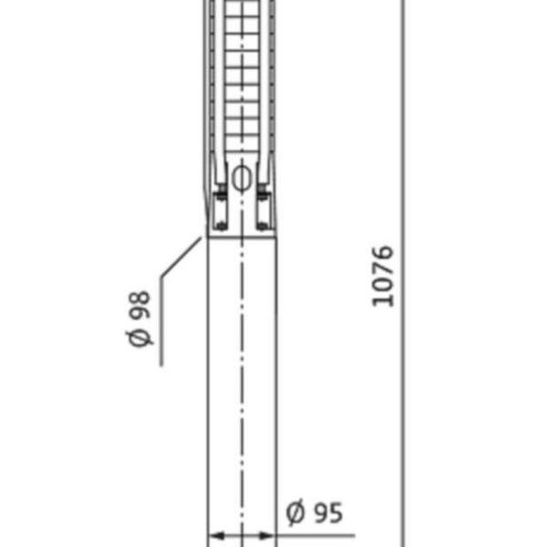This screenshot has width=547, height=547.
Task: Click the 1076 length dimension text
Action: click(383, 276)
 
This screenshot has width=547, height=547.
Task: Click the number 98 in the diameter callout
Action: click(139, 305)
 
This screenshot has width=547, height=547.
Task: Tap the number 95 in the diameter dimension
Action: click(328, 512)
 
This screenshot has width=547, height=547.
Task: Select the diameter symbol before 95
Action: click(295, 512)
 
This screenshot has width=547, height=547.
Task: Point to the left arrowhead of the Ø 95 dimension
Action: click(216, 535)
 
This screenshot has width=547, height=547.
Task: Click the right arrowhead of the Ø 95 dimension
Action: click(267, 535)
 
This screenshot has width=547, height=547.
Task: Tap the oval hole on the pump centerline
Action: click(242, 178)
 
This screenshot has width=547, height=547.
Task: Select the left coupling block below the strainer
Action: click(222, 212)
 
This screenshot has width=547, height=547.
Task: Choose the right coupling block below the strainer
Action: click(263, 212)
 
